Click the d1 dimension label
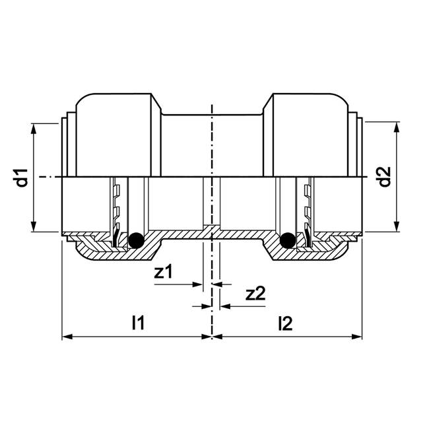click(22, 178)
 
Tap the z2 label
click(255, 294)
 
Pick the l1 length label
click(138, 323)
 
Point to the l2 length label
click(285, 323)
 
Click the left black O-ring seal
click(136, 241)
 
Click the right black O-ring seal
click(287, 241)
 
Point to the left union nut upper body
click(117, 132)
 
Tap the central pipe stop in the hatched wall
click(212, 230)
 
